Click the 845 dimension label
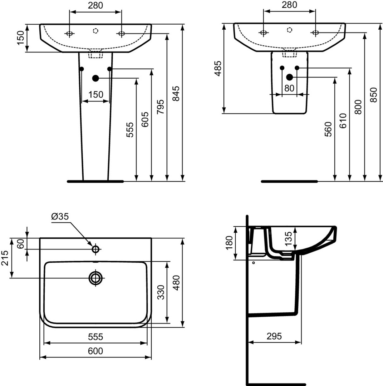pos(176,94)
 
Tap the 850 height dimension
pos(373,95)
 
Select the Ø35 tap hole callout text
pos(60,217)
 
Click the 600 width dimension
pos(95,351)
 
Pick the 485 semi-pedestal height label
pos(218,68)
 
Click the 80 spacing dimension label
pos(289,88)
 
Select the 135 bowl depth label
pos(288,238)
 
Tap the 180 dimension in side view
pos(229,243)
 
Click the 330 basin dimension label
pos(161,292)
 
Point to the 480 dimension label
pos(176,283)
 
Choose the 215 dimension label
pos(5,258)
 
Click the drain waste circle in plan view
pos(95,278)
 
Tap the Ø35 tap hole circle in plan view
pos(95,249)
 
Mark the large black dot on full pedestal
pos(95,78)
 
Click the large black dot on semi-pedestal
pos(289,77)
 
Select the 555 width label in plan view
pos(95,337)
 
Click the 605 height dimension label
pos(145,119)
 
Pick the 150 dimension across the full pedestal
pos(96,94)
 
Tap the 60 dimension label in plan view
pos(21,244)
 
